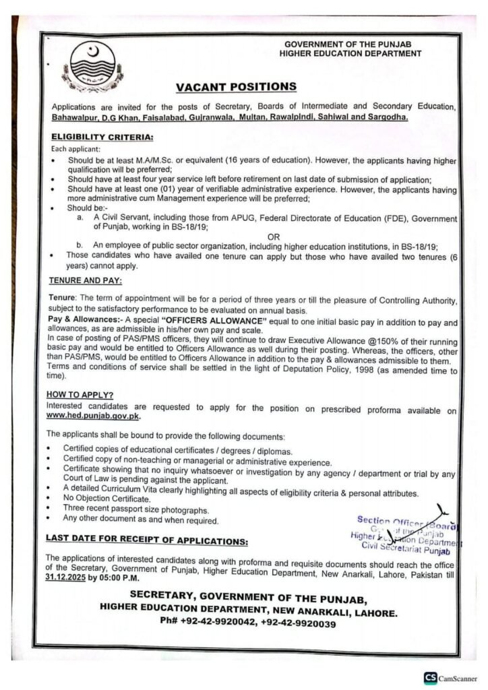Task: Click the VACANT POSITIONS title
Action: pos(236,87)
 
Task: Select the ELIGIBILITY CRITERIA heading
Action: pos(102,136)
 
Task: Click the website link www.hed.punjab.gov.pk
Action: pos(93,416)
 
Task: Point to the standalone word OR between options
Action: pos(274,237)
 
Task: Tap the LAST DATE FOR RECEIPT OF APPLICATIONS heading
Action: pos(146,540)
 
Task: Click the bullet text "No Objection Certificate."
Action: pos(105,501)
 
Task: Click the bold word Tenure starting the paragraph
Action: pos(63,296)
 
